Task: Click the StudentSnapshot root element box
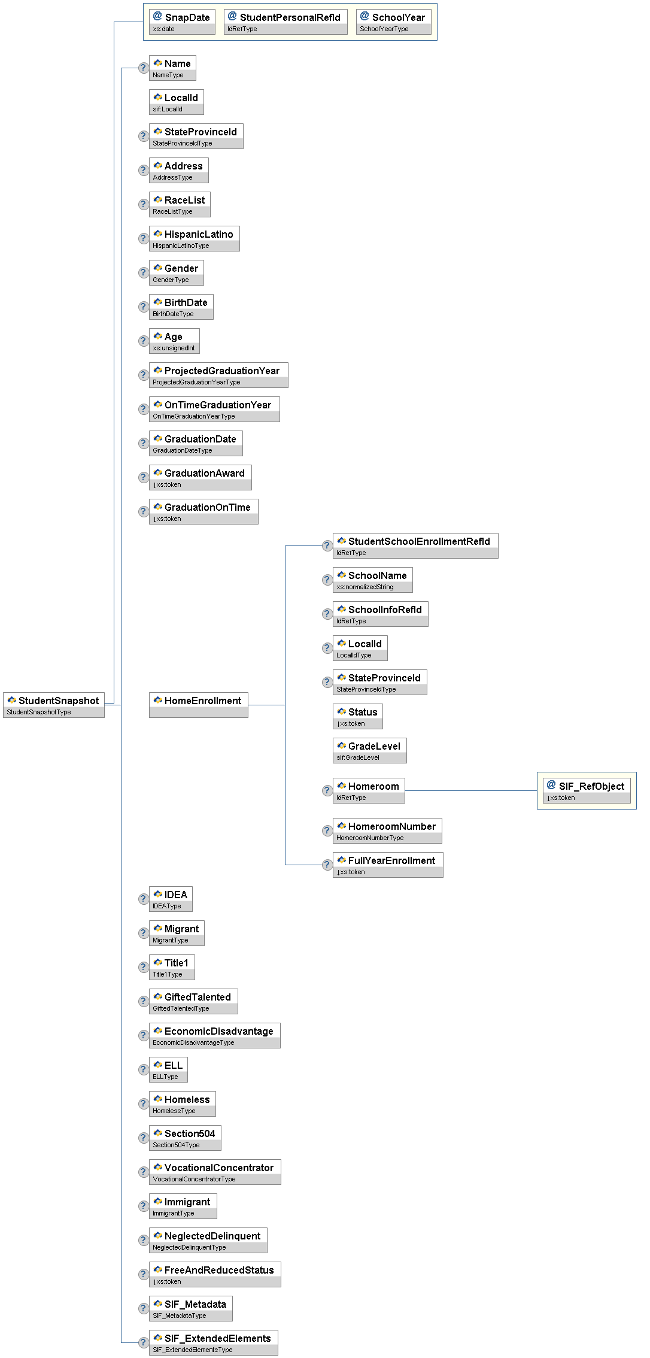tap(54, 704)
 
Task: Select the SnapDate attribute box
tap(182, 22)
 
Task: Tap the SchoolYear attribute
tap(393, 22)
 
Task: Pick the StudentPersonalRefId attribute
tap(285, 22)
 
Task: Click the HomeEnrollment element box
tap(198, 704)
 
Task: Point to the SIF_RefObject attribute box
tap(587, 790)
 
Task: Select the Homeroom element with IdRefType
tap(369, 790)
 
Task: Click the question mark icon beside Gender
tap(143, 272)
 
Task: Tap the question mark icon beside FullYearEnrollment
tap(327, 865)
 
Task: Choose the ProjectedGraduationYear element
tap(218, 374)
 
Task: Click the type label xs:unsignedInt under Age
tap(174, 348)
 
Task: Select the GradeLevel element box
tap(369, 750)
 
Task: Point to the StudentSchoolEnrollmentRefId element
tap(415, 545)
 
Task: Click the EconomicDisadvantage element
tap(214, 1035)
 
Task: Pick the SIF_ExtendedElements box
tap(213, 1342)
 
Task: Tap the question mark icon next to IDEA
tap(143, 899)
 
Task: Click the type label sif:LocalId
tap(168, 109)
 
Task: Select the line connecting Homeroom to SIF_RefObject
tap(471, 790)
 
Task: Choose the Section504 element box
tap(185, 1137)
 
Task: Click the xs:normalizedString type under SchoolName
tap(365, 587)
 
